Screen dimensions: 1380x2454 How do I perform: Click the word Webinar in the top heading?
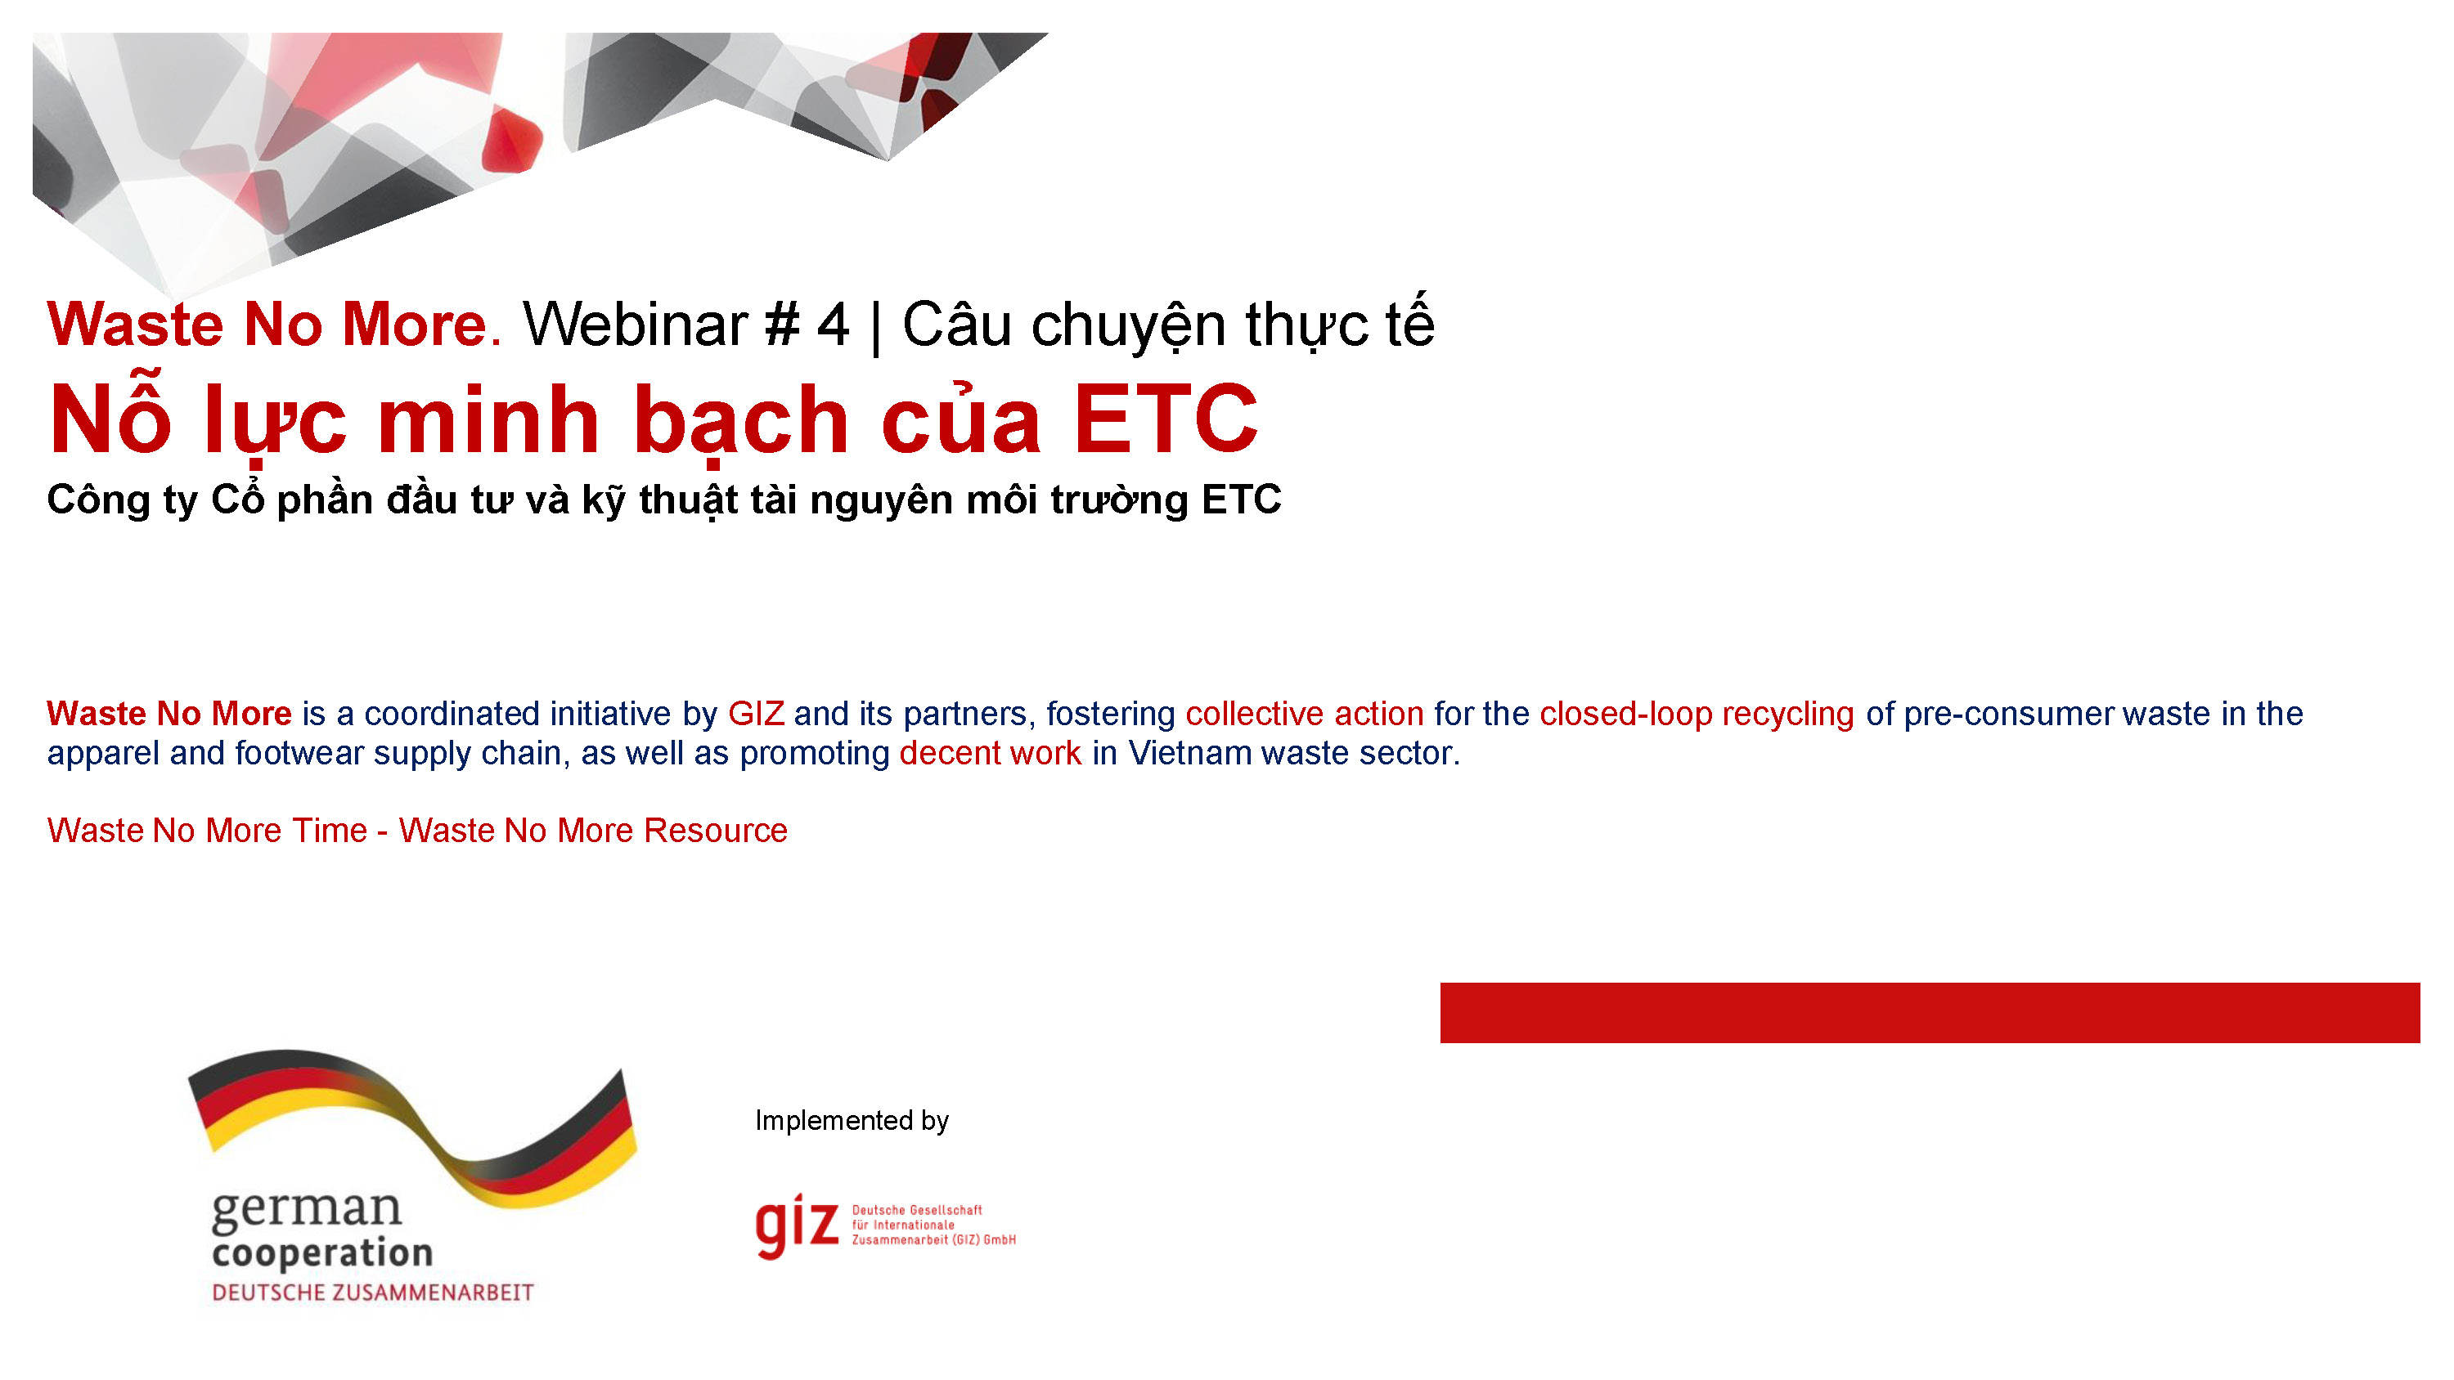[x=635, y=325]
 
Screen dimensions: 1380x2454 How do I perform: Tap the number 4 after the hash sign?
[x=833, y=325]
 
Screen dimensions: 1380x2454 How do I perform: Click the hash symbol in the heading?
[x=781, y=325]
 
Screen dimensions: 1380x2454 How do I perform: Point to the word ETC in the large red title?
[x=1165, y=419]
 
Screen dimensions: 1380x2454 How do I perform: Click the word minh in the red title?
[x=488, y=419]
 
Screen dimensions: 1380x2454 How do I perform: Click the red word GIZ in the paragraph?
[x=756, y=714]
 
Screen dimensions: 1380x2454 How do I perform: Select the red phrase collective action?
[x=1303, y=714]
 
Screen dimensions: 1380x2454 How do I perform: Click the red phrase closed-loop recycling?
[x=1696, y=714]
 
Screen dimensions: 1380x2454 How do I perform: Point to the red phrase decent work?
[x=990, y=753]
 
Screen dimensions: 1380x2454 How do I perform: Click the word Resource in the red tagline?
[x=716, y=831]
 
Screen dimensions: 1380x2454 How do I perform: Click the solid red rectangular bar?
[x=1929, y=1012]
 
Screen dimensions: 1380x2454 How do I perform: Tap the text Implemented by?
[x=852, y=1120]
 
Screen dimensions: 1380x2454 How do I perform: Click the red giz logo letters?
[x=797, y=1225]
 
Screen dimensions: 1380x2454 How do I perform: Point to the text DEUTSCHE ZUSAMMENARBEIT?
[x=372, y=1293]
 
